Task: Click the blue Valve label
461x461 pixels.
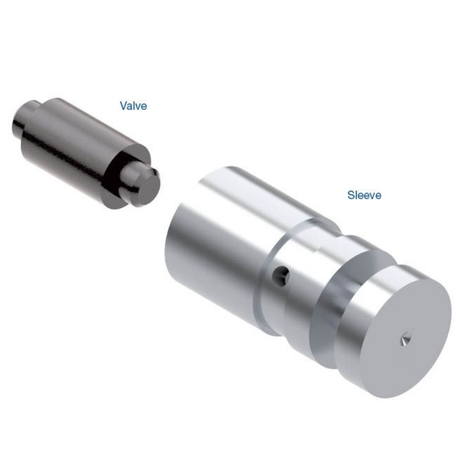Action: [133, 105]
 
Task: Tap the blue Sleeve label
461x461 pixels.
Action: [364, 195]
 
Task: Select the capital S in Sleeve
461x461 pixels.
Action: [350, 195]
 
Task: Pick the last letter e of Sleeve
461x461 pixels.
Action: [378, 195]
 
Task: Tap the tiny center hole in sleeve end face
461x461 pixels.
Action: [405, 340]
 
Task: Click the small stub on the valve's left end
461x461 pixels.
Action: [23, 118]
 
